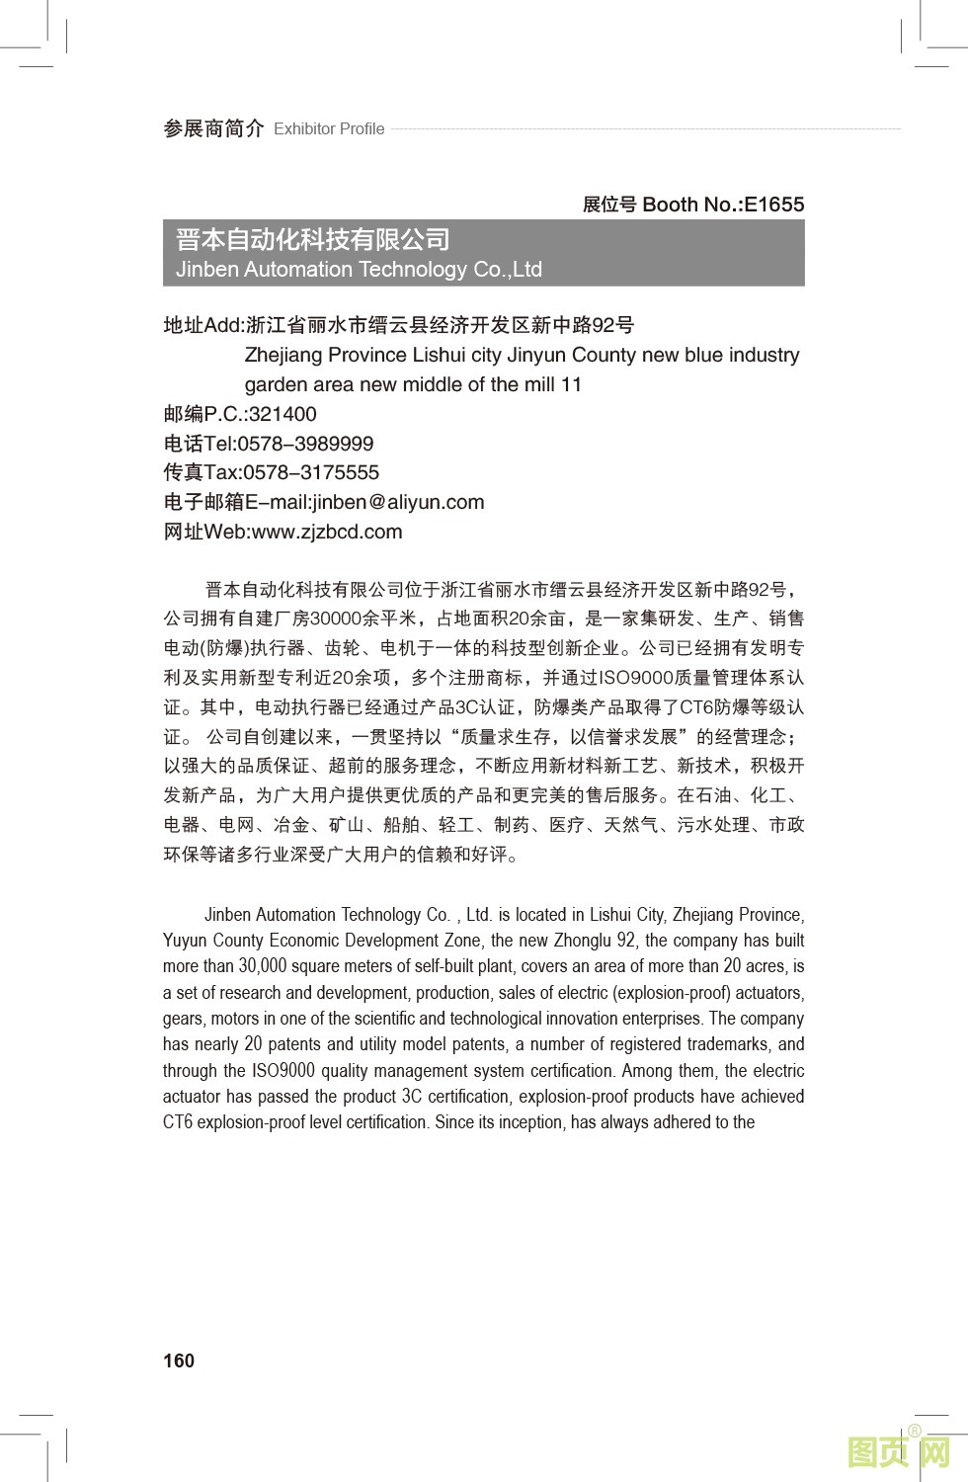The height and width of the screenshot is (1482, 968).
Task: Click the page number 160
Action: pyautogui.click(x=179, y=1360)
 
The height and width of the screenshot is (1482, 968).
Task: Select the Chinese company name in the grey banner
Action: pyautogui.click(x=312, y=239)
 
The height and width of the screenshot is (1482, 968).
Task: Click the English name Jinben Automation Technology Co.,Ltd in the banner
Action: pyautogui.click(x=359, y=269)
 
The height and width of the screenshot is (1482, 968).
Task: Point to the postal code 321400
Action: pyautogui.click(x=282, y=414)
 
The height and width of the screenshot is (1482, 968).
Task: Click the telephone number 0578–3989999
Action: pyautogui.click(x=305, y=444)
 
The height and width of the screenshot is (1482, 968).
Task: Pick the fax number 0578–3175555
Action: pyautogui.click(x=311, y=472)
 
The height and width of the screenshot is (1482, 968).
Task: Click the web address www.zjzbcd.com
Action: pyautogui.click(x=327, y=532)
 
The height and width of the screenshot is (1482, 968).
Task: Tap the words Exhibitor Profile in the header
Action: pyautogui.click(x=329, y=128)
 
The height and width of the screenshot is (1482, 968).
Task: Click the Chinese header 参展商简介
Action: pyautogui.click(x=213, y=128)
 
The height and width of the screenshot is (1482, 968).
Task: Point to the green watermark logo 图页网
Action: pyautogui.click(x=899, y=1451)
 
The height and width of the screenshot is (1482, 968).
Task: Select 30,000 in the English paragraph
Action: pyautogui.click(x=263, y=966)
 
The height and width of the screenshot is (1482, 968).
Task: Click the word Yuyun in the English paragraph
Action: pyautogui.click(x=185, y=941)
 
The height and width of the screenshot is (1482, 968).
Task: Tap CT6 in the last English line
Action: pyautogui.click(x=178, y=1122)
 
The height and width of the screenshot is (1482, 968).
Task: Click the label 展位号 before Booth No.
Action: pyautogui.click(x=609, y=205)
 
